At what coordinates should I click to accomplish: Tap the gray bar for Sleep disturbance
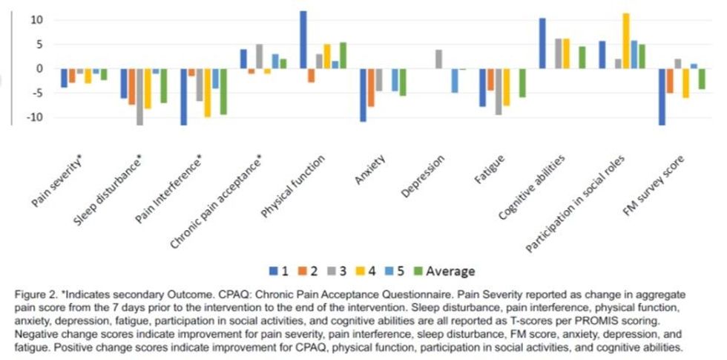pos(139,96)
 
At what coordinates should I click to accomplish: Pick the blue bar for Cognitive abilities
pos(542,43)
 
